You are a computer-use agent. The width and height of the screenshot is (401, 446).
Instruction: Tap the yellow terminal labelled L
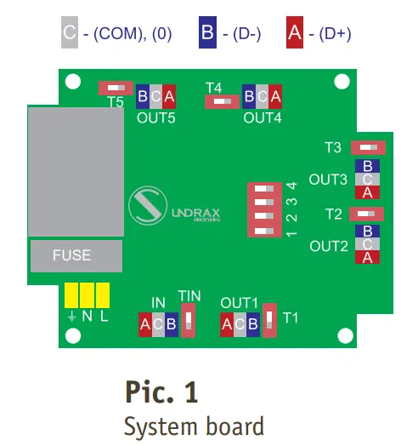click(104, 295)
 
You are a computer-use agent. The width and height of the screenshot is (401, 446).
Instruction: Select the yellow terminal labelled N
click(88, 295)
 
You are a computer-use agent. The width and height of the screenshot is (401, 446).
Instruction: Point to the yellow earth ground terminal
click(71, 295)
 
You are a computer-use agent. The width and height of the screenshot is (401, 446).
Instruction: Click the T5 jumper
click(115, 88)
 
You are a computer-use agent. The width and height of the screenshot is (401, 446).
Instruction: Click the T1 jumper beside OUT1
click(268, 320)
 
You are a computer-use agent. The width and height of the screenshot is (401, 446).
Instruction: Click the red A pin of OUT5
click(169, 95)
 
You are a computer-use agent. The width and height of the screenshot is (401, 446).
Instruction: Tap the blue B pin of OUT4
click(248, 95)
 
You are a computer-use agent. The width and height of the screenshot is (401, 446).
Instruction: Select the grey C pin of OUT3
click(367, 180)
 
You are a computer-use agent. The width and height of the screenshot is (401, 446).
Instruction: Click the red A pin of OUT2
click(367, 257)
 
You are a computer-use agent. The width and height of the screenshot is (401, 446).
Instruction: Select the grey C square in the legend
click(70, 33)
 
